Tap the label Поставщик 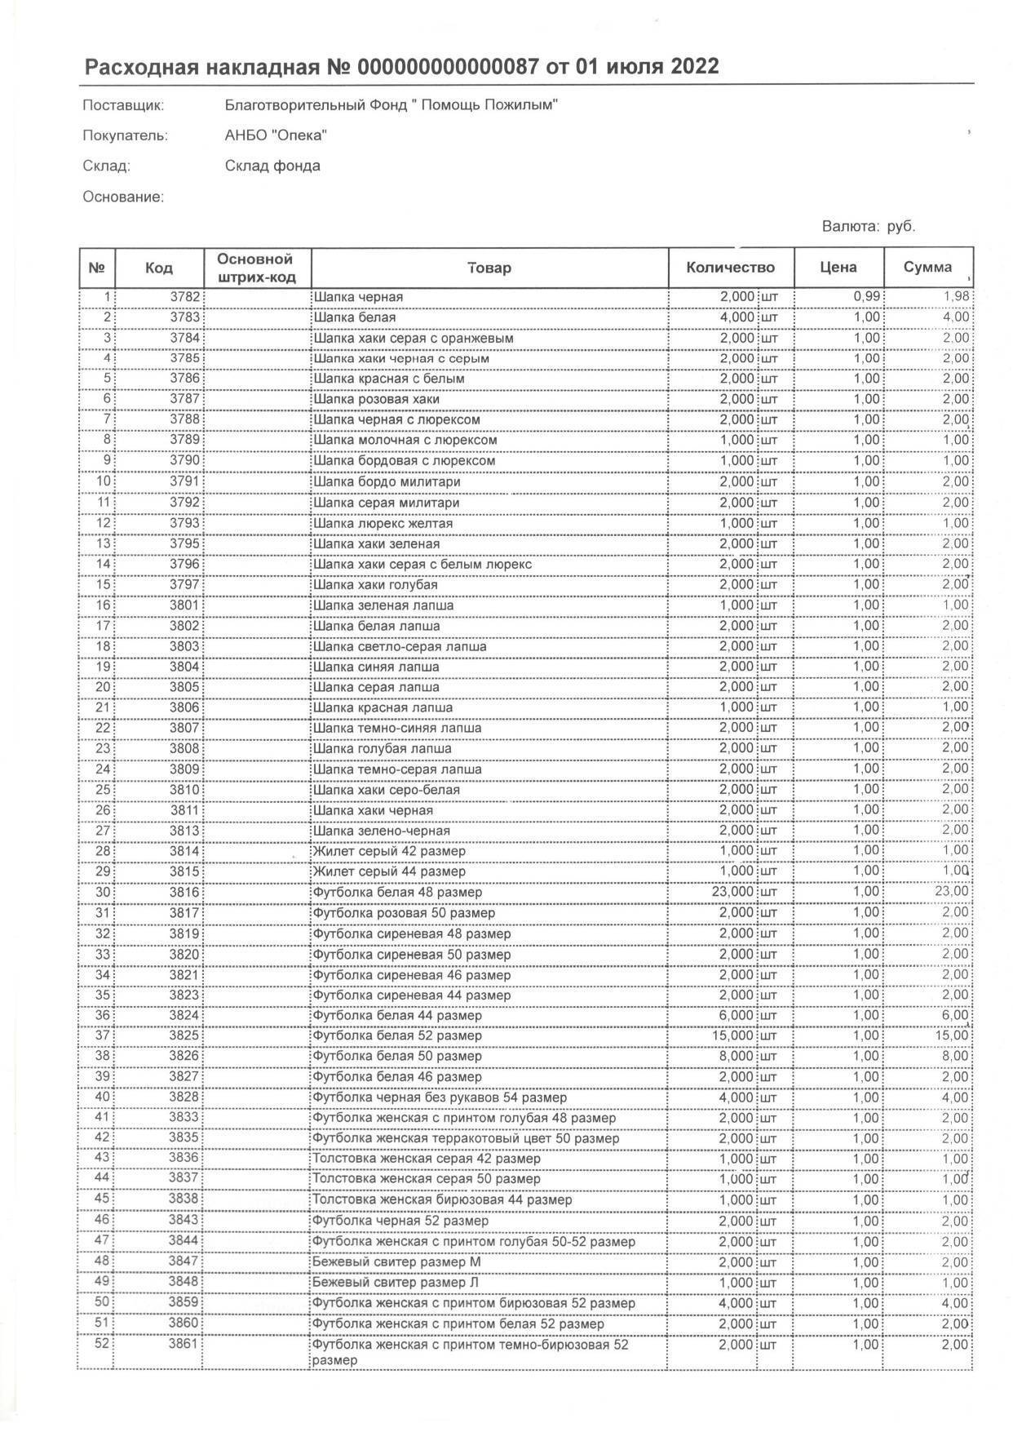pyautogui.click(x=123, y=105)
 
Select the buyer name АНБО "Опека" pyautogui.click(x=276, y=135)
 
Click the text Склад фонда pyautogui.click(x=272, y=166)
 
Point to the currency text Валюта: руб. pyautogui.click(x=869, y=226)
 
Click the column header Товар pyautogui.click(x=489, y=268)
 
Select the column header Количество pyautogui.click(x=730, y=268)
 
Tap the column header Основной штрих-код pyautogui.click(x=255, y=268)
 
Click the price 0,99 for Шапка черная pyautogui.click(x=866, y=297)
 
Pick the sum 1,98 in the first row pyautogui.click(x=956, y=297)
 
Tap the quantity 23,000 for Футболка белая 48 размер pyautogui.click(x=733, y=892)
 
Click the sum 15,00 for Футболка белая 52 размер pyautogui.click(x=953, y=1035)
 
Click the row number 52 pyautogui.click(x=101, y=1344)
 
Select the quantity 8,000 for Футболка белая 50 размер pyautogui.click(x=737, y=1056)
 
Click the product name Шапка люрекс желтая pyautogui.click(x=383, y=523)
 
